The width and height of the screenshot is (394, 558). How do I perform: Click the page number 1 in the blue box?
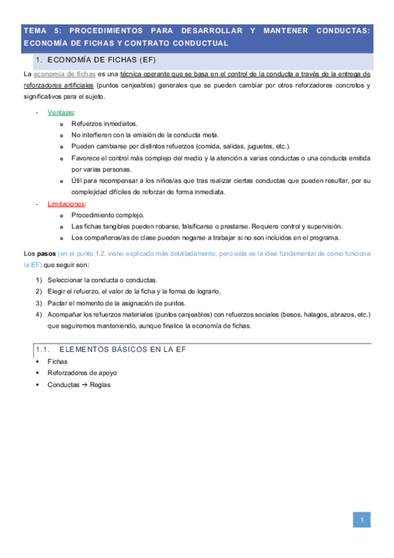(361, 521)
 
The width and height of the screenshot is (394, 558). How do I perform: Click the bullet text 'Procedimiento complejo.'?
(107, 215)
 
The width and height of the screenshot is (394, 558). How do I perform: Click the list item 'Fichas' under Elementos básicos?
(57, 361)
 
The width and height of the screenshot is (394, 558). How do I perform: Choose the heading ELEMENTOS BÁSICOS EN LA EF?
(124, 349)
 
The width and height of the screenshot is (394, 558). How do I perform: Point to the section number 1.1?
(43, 349)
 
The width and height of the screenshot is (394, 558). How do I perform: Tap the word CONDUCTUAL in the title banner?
(200, 43)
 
